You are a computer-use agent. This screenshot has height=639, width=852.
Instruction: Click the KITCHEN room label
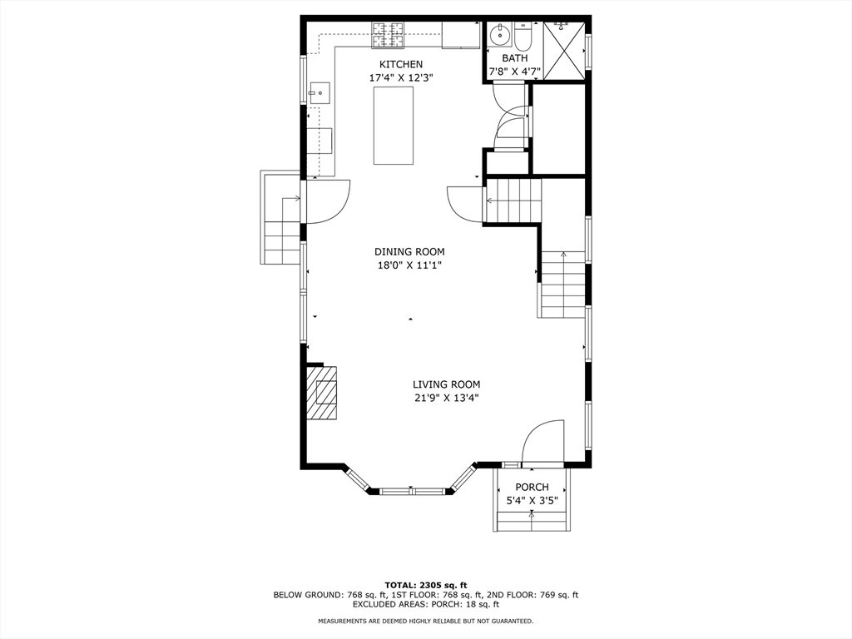pos(400,64)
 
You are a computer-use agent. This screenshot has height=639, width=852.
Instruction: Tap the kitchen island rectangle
pos(394,125)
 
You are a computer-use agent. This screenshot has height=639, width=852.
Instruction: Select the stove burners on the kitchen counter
pos(388,33)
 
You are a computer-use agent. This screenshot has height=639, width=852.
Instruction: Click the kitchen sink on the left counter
pos(319,93)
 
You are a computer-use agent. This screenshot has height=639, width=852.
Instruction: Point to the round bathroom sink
pos(499,35)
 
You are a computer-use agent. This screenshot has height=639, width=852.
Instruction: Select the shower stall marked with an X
pos(564,51)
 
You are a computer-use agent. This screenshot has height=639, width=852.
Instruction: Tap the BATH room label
pos(514,58)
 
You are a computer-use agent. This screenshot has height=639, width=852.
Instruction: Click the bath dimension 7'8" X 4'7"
pos(514,72)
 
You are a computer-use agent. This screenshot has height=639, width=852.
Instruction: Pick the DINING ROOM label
pos(409,251)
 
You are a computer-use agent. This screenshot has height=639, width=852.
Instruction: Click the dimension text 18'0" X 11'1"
pos(409,265)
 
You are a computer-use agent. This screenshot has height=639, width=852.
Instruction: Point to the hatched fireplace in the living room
pos(322,393)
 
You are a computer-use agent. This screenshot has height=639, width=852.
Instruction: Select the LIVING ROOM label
pos(446,384)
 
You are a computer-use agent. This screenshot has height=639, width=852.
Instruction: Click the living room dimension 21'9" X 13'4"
pos(446,399)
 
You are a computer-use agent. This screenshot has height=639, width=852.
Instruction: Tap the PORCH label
pos(532,487)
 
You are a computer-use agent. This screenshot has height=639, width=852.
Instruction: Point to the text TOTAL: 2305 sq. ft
pos(426,585)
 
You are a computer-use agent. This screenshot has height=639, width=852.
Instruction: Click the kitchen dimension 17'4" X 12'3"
pos(400,77)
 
